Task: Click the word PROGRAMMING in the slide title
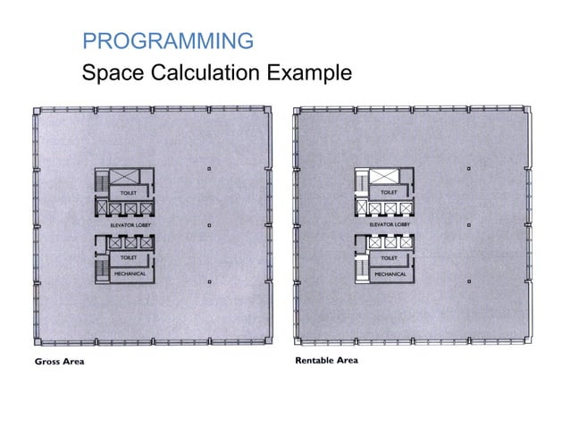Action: click(167, 40)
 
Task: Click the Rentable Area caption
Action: click(326, 361)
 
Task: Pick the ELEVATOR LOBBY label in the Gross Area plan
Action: click(127, 226)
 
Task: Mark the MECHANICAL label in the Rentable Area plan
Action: click(390, 273)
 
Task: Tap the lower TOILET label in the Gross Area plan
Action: click(127, 257)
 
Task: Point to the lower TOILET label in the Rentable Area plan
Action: click(390, 257)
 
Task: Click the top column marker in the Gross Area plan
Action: click(208, 169)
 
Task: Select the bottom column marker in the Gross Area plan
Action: click(208, 282)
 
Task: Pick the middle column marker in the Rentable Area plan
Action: click(470, 225)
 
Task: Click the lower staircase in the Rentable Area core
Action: click(361, 265)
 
